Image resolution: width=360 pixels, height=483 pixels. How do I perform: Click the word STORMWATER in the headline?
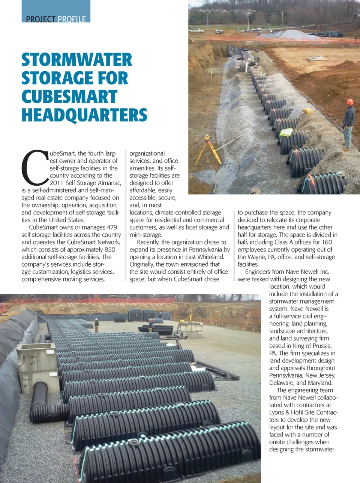pos(77,60)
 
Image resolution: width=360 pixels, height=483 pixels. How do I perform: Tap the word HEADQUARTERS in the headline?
pos(84,115)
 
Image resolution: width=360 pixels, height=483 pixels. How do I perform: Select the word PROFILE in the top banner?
pos(72,19)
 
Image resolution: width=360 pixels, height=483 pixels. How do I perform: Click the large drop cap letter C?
pos(34,168)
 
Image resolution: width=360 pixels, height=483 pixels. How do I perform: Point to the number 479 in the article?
pos(112,227)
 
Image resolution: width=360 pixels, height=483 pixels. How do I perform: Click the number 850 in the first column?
pos(110,249)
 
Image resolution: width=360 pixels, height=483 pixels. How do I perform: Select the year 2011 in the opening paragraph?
pos(57,183)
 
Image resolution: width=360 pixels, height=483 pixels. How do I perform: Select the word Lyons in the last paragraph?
pos(276,412)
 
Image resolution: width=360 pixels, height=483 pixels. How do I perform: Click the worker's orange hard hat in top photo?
pos(349,102)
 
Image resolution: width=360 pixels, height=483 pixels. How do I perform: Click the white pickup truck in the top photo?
pos(196,31)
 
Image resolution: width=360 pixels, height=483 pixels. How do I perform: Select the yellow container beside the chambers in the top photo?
pos(307,111)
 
